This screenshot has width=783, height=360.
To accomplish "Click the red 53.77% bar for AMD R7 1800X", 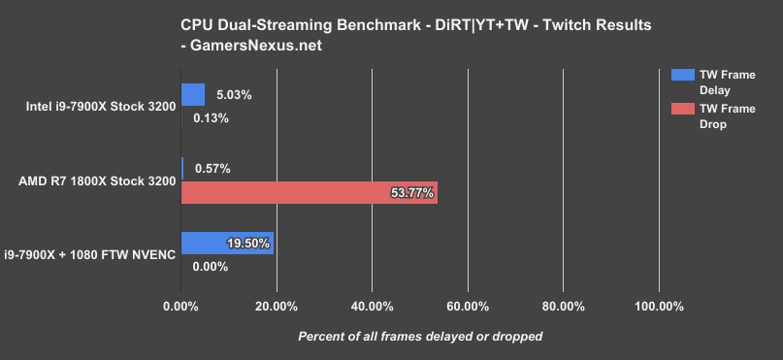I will (x=309, y=193).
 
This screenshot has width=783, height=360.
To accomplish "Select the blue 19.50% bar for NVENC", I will (x=227, y=244).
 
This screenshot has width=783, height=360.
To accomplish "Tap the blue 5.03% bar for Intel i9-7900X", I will (x=193, y=94).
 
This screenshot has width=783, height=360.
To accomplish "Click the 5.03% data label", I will (x=234, y=95).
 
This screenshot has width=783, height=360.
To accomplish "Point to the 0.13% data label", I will (x=212, y=118).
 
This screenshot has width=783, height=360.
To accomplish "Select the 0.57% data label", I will (x=212, y=169).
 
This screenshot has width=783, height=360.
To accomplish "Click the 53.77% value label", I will (x=411, y=194).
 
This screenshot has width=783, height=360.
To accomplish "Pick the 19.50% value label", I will (x=247, y=244).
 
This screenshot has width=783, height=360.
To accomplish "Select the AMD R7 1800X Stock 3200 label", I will (x=97, y=180).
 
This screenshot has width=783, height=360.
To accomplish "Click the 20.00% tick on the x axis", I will (x=276, y=307).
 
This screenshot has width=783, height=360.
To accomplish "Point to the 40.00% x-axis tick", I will (x=372, y=307).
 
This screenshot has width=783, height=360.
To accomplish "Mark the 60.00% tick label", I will (x=467, y=307).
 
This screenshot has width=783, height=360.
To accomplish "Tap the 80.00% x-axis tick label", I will (x=563, y=307).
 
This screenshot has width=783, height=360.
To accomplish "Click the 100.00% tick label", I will (x=659, y=307).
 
